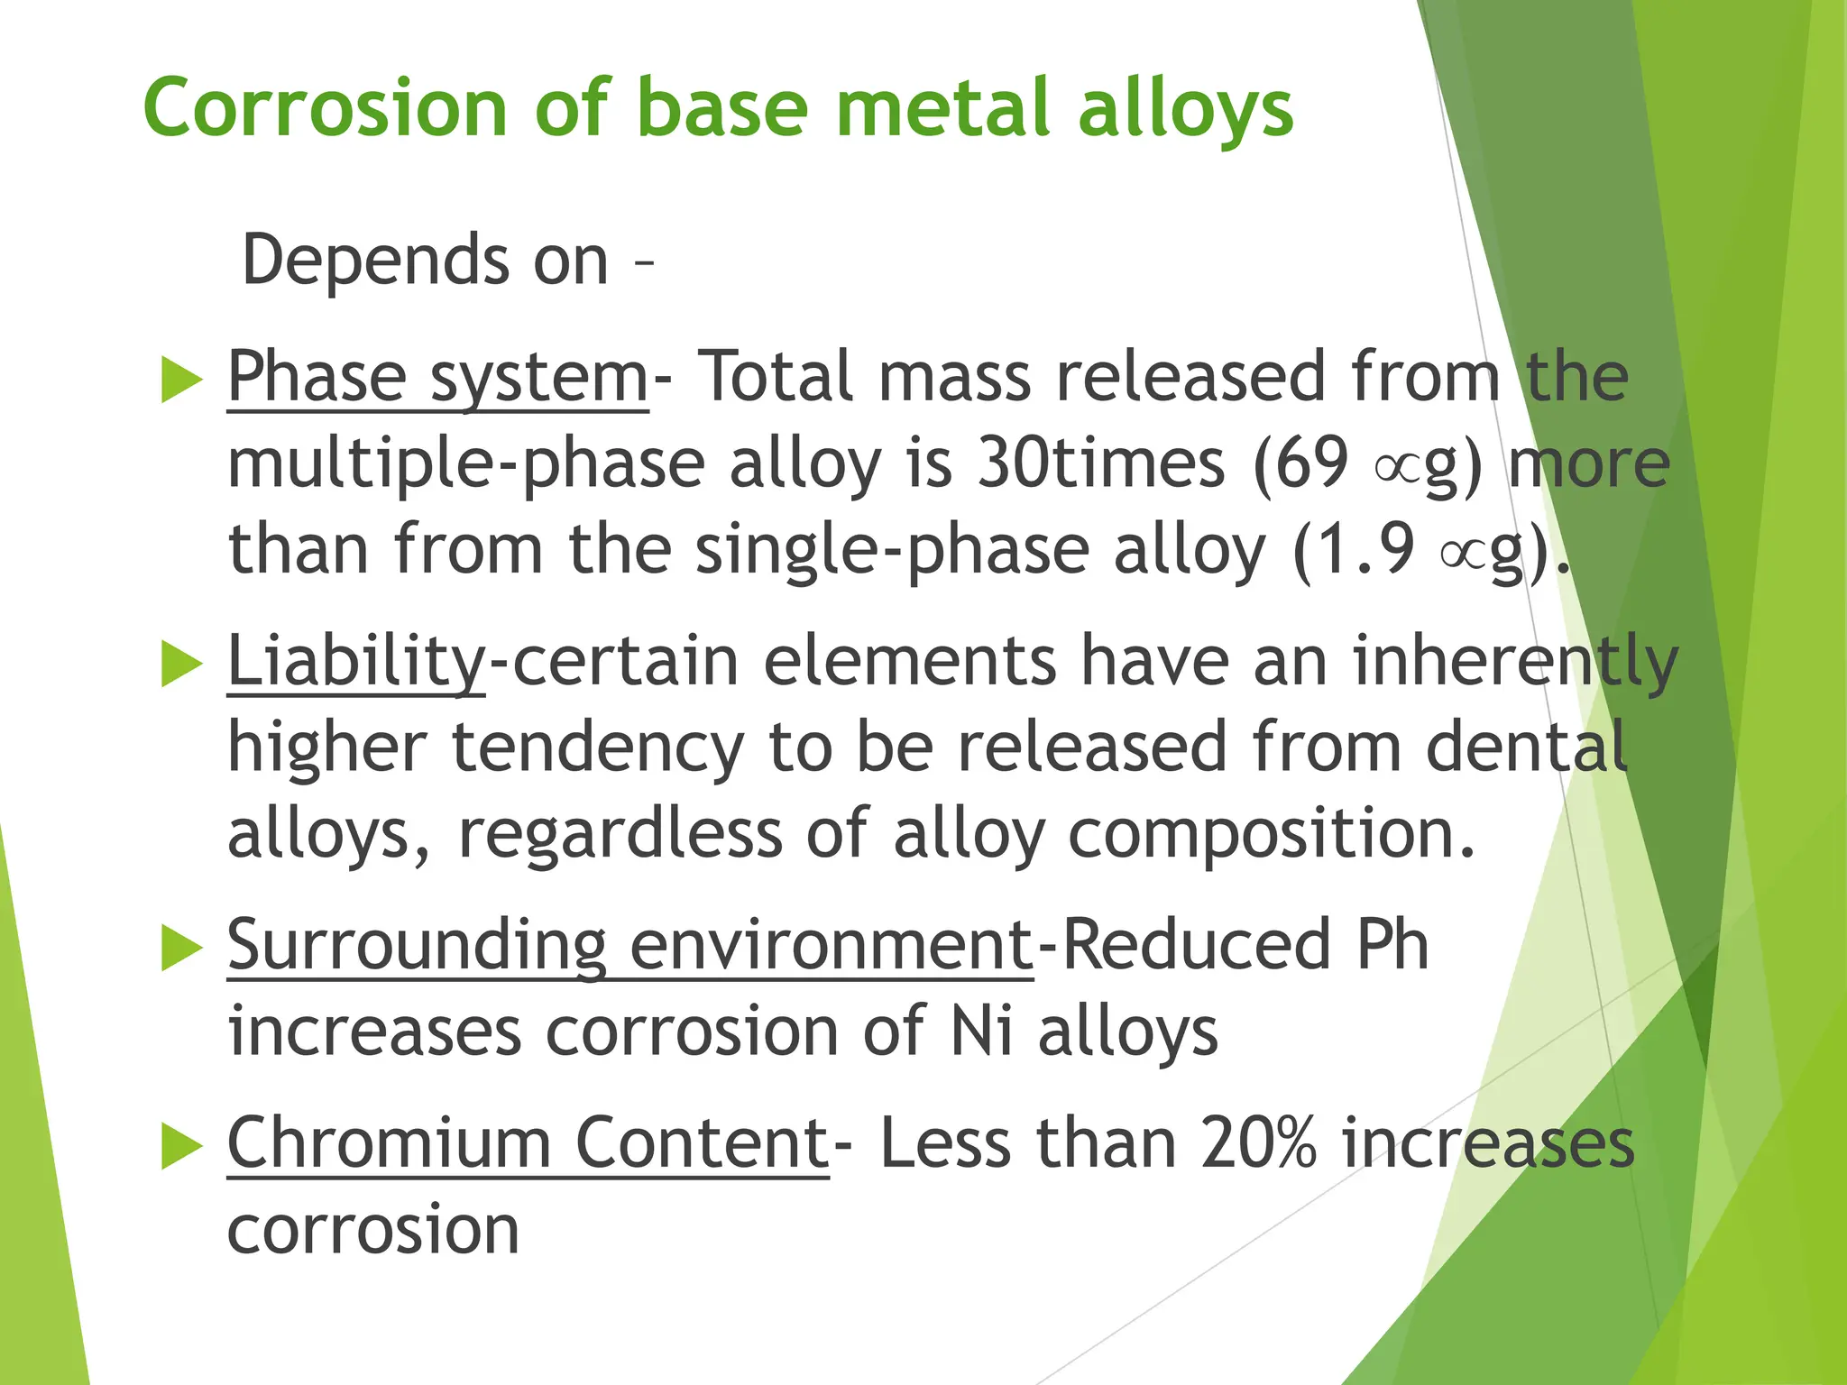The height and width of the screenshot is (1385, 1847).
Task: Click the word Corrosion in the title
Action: coord(324,108)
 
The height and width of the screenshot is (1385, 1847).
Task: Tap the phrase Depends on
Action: coord(426,261)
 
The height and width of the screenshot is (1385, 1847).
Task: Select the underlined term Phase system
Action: coord(437,377)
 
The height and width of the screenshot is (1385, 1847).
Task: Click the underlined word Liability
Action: coord(356,661)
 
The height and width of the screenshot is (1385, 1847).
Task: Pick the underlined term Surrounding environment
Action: coord(629,945)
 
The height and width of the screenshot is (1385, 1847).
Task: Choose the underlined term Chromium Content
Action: coord(528,1143)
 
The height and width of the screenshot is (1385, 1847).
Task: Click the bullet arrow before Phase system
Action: coord(181,380)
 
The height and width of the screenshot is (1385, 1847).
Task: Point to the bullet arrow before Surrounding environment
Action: coord(181,949)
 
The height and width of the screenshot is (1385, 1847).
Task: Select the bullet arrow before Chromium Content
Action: coord(181,1147)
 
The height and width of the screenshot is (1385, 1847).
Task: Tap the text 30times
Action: coord(1101,463)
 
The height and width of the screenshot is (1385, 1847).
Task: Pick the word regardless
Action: coord(620,834)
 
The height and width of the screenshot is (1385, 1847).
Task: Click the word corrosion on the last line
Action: coord(373,1229)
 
